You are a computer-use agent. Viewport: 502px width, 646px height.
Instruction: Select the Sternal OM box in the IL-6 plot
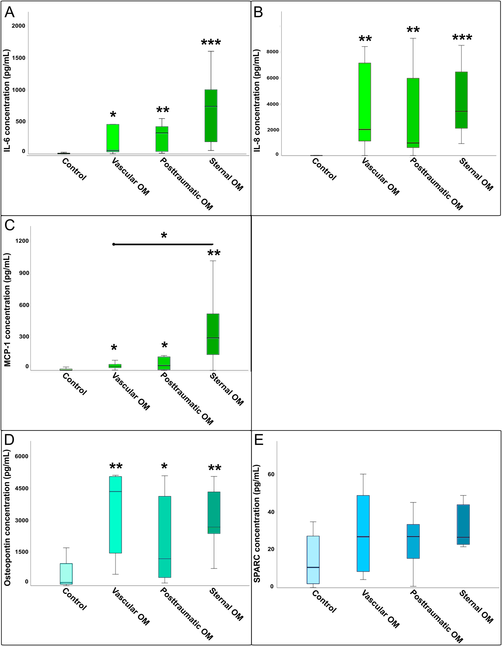[211, 116]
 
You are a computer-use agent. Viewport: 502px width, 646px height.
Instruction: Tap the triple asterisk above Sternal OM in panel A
[211, 43]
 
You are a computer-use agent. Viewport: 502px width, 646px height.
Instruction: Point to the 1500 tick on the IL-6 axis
[18, 58]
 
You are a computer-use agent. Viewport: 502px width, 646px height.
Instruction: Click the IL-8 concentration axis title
[257, 101]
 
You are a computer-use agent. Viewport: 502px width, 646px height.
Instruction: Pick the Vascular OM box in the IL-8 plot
[365, 102]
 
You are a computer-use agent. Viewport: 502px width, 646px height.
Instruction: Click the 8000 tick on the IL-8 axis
[273, 52]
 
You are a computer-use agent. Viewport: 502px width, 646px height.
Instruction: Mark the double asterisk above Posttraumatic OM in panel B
[413, 30]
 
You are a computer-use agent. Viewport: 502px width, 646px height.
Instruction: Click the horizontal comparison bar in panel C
[163, 244]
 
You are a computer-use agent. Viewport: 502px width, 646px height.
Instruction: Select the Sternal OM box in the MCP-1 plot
[213, 334]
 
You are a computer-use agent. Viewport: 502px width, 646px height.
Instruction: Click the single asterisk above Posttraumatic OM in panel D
[164, 467]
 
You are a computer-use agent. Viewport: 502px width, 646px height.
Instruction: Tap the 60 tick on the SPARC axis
[271, 474]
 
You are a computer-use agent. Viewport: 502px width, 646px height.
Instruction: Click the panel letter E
[259, 440]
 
